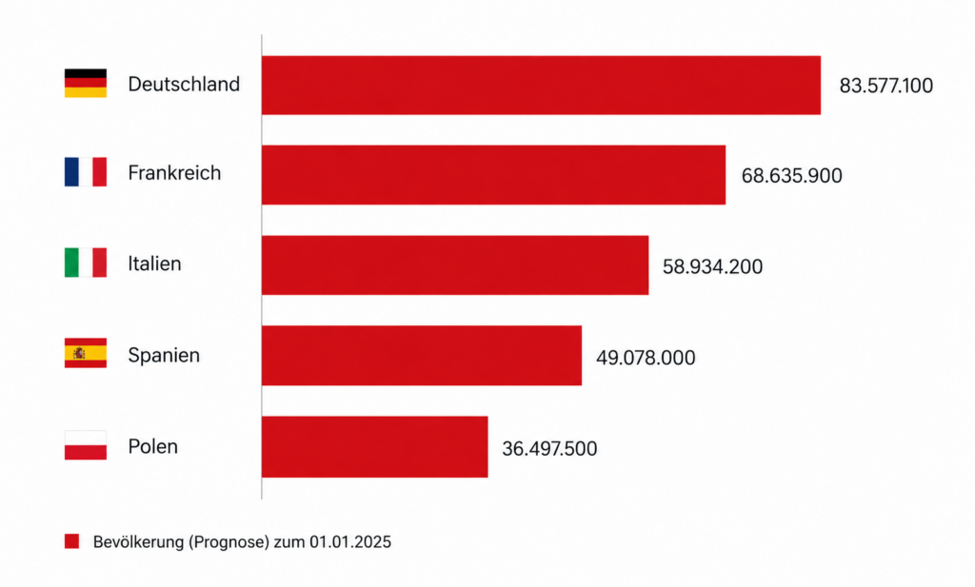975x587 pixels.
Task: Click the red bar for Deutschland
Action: pos(541,85)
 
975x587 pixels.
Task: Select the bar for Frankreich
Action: pos(494,174)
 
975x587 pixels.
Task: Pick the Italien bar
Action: pos(455,265)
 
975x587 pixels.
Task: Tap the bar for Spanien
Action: pos(422,355)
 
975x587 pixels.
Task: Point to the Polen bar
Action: pos(375,446)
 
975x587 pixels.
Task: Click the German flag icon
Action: pos(85,83)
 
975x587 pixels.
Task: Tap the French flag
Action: pos(85,172)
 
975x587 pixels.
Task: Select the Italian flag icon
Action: pos(85,263)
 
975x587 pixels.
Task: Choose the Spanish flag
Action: pos(85,353)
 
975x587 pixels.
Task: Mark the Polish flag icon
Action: pos(85,445)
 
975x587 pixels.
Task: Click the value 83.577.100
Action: pos(886,85)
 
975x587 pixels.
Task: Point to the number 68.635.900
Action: pos(791,175)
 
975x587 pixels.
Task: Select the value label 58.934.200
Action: pos(712,266)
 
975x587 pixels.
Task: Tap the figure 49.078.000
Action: pos(646,358)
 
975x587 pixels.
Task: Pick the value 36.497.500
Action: pos(549,448)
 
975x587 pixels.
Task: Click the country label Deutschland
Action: pos(184,84)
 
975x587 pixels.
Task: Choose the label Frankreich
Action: pos(175,173)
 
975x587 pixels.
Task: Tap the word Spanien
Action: pos(164,355)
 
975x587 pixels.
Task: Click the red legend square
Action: pos(72,541)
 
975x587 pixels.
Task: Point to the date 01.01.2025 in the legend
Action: pos(350,542)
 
